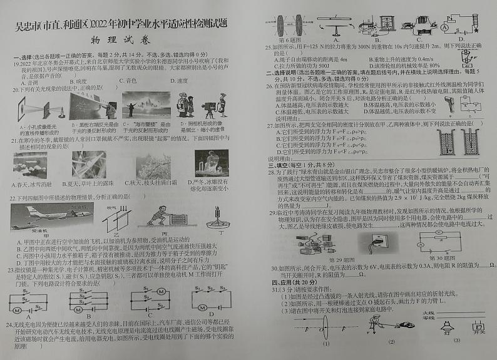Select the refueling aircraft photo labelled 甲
[x=37, y=217]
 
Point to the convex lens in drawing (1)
[x=325, y=326]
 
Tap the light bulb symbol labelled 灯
[x=447, y=326]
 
